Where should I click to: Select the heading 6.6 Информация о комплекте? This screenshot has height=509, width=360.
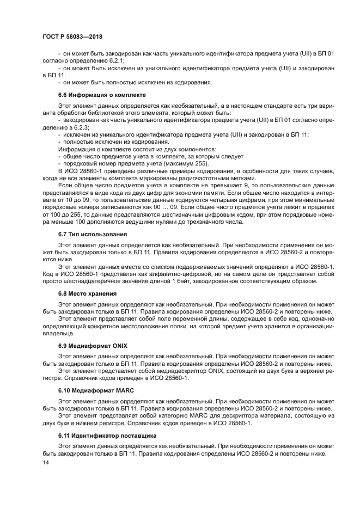point(99,95)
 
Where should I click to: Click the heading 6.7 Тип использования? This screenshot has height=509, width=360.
point(93,234)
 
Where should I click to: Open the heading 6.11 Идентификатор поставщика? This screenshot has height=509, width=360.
point(107,436)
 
